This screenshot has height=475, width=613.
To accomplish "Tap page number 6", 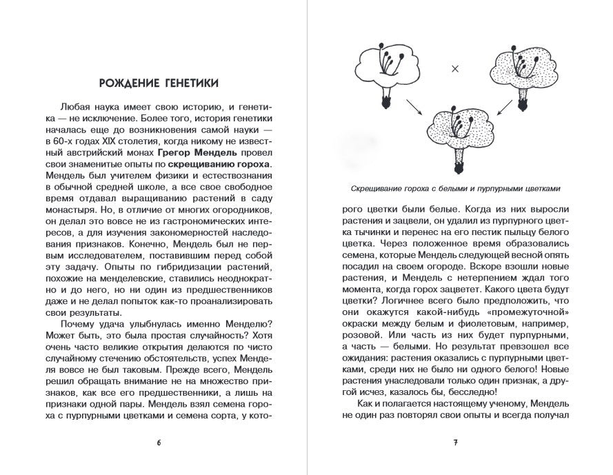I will coord(159,442).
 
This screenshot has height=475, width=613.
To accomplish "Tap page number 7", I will coord(455,442).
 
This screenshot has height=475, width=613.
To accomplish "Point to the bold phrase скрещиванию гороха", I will coord(219,165).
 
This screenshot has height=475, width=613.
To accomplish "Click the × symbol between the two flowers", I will coord(454,68).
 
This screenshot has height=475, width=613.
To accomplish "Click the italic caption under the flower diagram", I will coord(455,188).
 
